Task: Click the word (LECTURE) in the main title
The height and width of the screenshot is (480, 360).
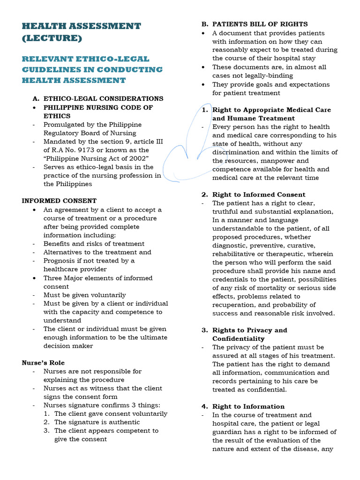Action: [52, 38]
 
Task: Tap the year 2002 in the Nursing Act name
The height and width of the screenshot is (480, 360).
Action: [137, 158]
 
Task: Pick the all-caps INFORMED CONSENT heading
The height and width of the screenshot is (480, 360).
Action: [59, 201]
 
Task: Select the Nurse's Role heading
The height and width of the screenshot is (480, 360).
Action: [43, 363]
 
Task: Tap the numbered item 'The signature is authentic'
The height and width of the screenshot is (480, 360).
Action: [97, 422]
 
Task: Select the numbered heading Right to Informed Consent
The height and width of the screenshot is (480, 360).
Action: [258, 195]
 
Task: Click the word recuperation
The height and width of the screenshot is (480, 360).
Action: [234, 305]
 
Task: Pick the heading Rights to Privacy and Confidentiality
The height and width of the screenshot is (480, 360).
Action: [249, 334]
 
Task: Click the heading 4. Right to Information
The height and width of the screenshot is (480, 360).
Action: [248, 406]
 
